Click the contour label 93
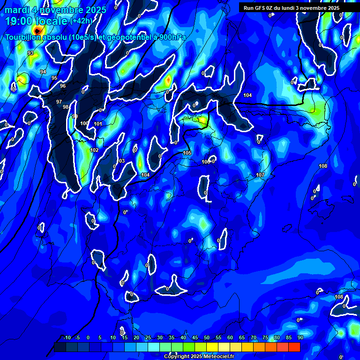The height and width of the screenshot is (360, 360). (30, 53)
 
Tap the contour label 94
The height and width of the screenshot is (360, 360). (43, 72)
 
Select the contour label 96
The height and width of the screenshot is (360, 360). (63, 86)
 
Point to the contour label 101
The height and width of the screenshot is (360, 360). (98, 124)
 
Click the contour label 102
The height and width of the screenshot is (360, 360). (94, 150)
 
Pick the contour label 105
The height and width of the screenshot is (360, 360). (187, 153)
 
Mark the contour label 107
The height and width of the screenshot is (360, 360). (260, 175)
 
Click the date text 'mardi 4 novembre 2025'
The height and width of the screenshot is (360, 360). (55, 10)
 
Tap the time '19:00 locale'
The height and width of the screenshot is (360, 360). (36, 21)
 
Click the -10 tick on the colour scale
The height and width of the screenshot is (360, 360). (67, 338)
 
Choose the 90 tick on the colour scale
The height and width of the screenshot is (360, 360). (300, 338)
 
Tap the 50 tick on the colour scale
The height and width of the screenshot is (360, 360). (207, 338)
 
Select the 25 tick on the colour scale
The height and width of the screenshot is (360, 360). (148, 338)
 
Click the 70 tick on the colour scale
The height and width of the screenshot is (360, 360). (254, 338)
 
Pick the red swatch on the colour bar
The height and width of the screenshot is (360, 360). (294, 347)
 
